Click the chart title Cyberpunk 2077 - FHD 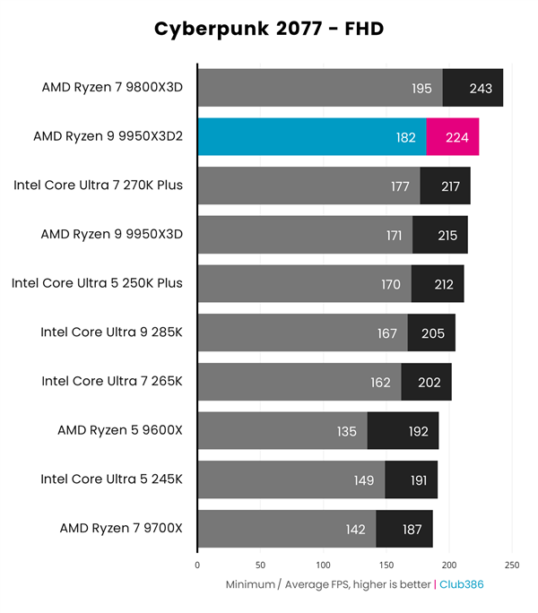268,30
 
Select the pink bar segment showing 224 453,137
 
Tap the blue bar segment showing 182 311,137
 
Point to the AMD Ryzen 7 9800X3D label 112,88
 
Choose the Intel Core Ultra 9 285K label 111,332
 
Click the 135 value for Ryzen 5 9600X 346,431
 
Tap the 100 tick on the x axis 324,566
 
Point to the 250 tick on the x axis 512,566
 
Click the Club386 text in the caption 464,584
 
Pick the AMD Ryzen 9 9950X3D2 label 108,137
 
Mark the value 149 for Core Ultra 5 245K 363,479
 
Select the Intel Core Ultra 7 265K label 112,382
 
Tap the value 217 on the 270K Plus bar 450,186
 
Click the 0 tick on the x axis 197,566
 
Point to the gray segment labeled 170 304,284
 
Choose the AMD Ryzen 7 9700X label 120,529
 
